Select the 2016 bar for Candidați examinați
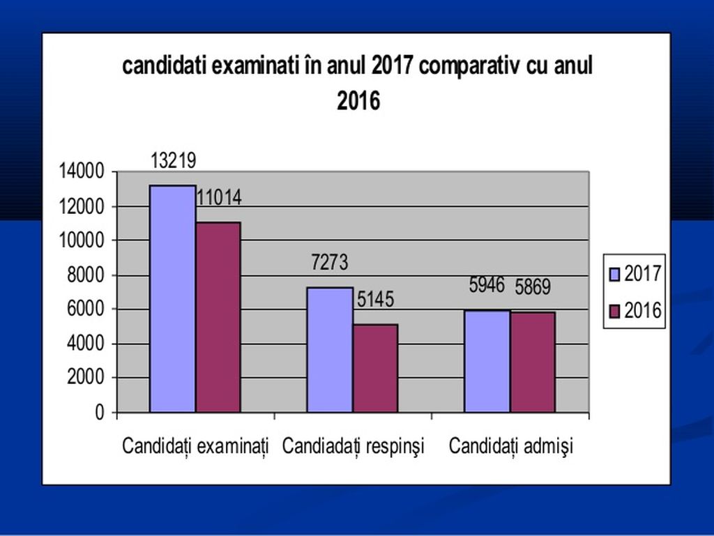coord(218,317)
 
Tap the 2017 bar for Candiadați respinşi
coord(330,349)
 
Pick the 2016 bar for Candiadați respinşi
coord(375,368)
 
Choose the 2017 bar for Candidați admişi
coord(487,361)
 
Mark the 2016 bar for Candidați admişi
coord(533,362)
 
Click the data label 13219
coord(174,161)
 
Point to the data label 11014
coord(218,198)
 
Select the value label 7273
coord(330,263)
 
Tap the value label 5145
coord(375,300)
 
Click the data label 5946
coord(487,285)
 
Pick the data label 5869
coord(533,287)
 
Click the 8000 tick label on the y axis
coord(87,275)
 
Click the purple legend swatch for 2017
coord(614,274)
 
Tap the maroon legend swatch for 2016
coord(614,311)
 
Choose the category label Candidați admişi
coord(510,446)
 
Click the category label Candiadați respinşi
coord(353,446)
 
